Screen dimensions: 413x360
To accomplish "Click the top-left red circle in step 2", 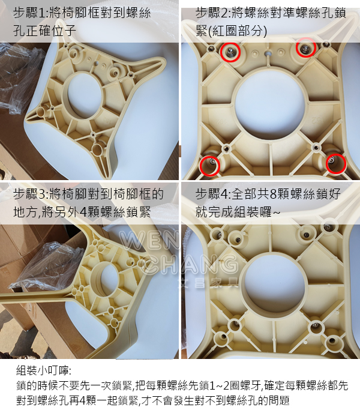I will click(230, 53).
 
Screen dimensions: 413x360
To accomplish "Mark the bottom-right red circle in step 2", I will click(337, 162).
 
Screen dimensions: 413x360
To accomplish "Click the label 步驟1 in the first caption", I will click(29, 13).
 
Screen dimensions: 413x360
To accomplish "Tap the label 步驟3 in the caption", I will click(29, 194).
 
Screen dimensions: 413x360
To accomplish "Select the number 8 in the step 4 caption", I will click(274, 194).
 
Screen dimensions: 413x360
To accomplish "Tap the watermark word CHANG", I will click(186, 263).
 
